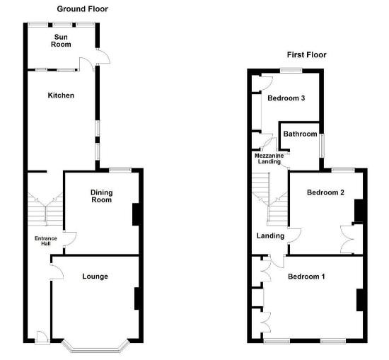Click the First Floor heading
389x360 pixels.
tap(306, 54)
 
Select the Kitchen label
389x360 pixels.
tap(61, 95)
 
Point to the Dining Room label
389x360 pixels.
tap(102, 196)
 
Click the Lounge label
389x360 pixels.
tap(95, 276)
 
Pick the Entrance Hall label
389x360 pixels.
tap(46, 242)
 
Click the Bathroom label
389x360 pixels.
tap(300, 134)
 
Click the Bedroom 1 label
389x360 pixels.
tap(306, 276)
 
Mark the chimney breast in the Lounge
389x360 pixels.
tap(137, 298)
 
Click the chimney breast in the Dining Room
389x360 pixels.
tap(136, 214)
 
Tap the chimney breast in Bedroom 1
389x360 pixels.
tap(359, 300)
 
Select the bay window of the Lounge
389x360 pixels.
tap(95, 347)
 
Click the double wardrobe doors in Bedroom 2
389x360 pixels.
tap(348, 239)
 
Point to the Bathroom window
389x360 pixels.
tap(321, 146)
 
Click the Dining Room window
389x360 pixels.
tap(120, 168)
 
